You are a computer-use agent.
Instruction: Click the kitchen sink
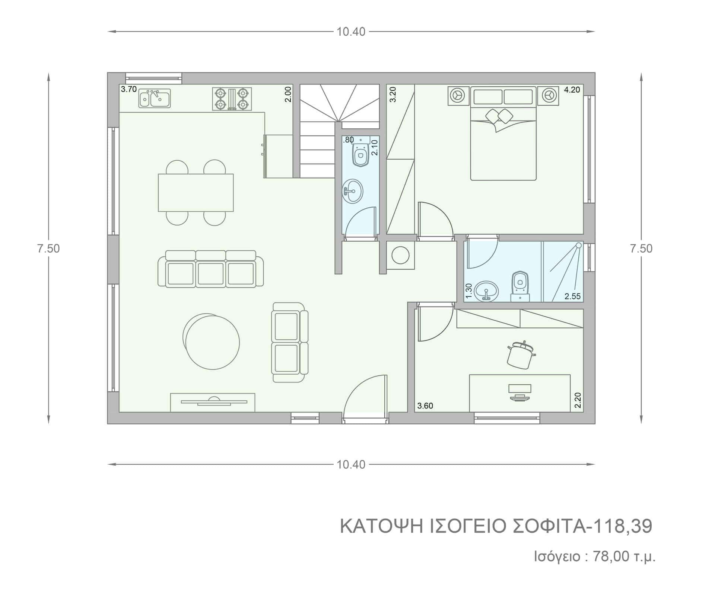pyautogui.click(x=155, y=98)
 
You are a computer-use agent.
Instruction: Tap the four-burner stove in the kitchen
pyautogui.click(x=232, y=99)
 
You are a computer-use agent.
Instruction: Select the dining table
pyautogui.click(x=196, y=192)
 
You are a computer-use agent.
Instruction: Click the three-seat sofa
pyautogui.click(x=211, y=269)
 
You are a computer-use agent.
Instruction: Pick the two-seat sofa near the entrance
pyautogui.click(x=290, y=342)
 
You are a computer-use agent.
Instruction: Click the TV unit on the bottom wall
pyautogui.click(x=213, y=403)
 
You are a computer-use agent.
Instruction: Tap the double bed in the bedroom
pyautogui.click(x=503, y=134)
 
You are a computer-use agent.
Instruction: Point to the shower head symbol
pyautogui.click(x=578, y=246)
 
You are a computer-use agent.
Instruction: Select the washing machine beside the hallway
pyautogui.click(x=401, y=255)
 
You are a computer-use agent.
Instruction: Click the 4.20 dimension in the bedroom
pyautogui.click(x=572, y=90)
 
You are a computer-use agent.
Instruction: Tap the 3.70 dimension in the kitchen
pyautogui.click(x=129, y=89)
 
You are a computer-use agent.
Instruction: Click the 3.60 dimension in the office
pyautogui.click(x=425, y=406)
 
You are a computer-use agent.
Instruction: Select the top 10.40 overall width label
pyautogui.click(x=351, y=32)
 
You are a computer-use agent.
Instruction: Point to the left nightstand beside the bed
pyautogui.click(x=457, y=96)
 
